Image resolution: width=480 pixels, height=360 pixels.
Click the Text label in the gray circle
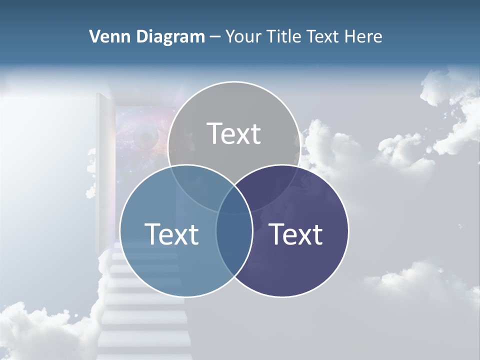234,133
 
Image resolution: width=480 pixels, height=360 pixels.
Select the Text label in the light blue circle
171,234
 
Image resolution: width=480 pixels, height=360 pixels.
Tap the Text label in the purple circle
296,234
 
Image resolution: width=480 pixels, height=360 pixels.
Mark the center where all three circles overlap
234,200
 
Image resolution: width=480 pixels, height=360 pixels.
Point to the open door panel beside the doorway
104,165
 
